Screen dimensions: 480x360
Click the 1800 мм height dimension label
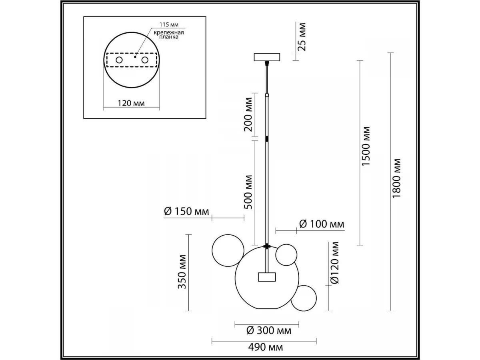[x=396, y=178]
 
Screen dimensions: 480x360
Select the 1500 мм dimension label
[x=366, y=146]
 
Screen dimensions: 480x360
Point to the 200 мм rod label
[x=248, y=114]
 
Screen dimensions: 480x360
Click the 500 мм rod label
[x=248, y=192]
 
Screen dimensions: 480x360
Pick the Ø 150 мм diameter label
[x=186, y=211]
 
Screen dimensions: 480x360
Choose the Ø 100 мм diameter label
[x=322, y=224]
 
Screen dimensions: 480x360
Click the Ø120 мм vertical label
[x=334, y=262]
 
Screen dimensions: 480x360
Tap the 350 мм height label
[x=182, y=272]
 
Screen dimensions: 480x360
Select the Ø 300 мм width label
[x=269, y=330]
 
